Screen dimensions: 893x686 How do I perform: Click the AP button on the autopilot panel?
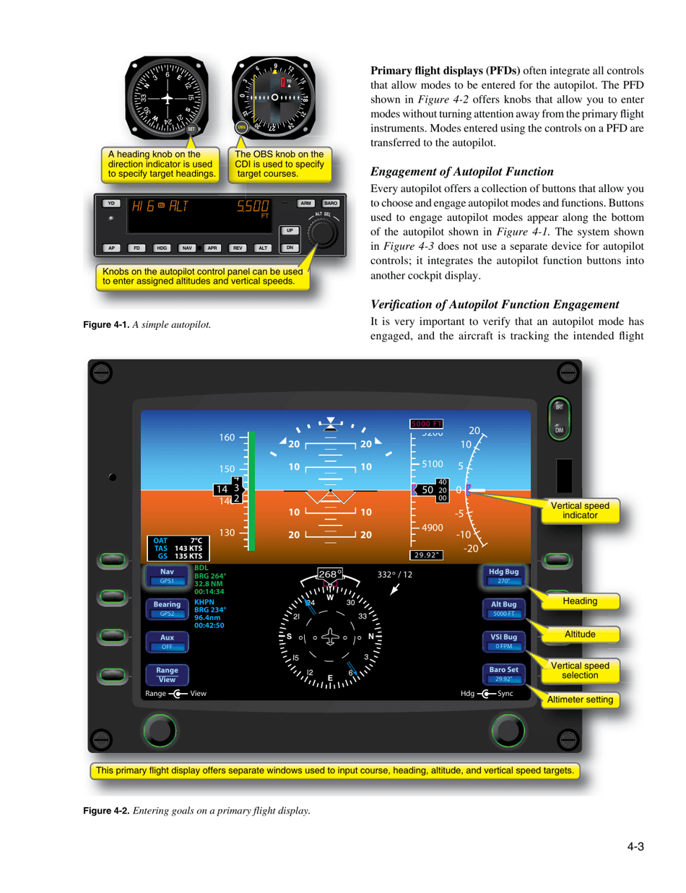(x=111, y=248)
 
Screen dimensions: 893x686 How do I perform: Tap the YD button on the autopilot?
(x=110, y=204)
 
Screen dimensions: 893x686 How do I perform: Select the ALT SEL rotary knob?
(x=321, y=233)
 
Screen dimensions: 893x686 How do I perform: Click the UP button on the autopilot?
(x=289, y=230)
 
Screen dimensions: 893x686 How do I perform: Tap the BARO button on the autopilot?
(x=331, y=204)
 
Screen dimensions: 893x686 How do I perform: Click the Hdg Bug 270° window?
(x=503, y=575)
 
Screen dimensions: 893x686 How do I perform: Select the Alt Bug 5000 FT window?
(x=503, y=608)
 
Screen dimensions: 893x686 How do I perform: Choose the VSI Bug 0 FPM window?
(x=503, y=641)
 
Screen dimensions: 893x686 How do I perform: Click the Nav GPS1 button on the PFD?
(x=167, y=575)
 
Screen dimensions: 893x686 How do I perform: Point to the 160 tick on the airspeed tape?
(x=227, y=437)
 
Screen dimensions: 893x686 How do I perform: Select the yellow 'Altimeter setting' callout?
(x=580, y=699)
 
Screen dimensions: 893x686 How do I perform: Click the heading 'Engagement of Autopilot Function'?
(x=461, y=172)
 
